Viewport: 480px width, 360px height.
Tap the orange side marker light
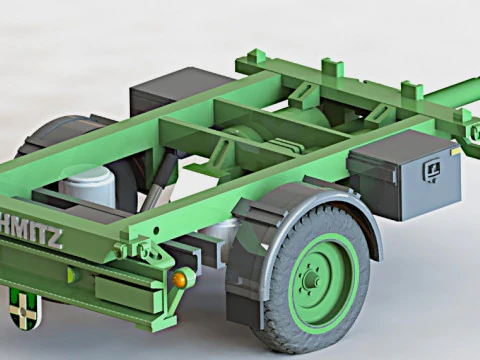[181, 279]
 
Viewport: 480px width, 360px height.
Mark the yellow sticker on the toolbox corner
[456, 151]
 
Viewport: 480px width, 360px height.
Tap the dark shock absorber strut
[162, 180]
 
